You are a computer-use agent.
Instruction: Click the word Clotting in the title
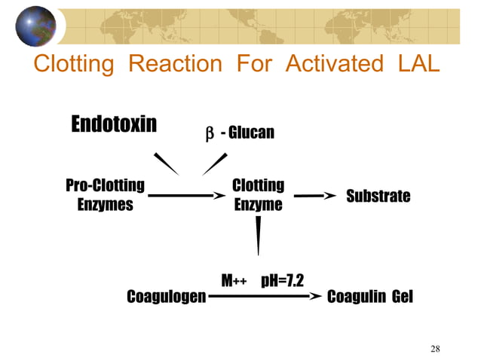pos(74,65)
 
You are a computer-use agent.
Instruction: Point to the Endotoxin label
pos(114,124)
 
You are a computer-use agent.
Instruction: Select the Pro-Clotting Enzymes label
pos(106,195)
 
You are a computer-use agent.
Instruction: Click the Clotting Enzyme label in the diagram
pos(258,195)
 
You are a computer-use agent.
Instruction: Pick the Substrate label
pos(378,197)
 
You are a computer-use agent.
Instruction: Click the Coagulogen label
pos(166,297)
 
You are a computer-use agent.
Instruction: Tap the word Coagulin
pos(356,297)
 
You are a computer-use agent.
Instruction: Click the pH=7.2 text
pos(282,281)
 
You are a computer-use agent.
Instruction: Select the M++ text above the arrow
pos(234,282)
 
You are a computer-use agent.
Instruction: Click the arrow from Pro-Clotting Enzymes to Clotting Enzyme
pos(187,196)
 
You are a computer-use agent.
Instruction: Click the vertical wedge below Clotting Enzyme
pos(259,235)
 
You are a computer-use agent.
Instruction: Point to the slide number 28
pos(435,348)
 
